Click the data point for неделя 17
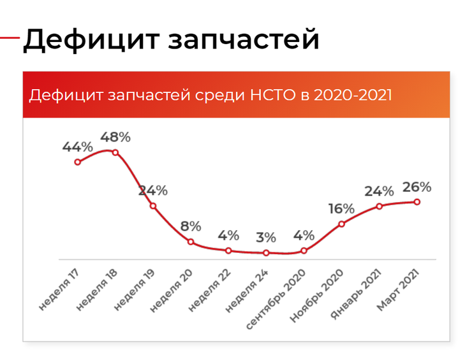point(78,162)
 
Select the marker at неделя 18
point(115,153)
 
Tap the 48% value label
point(115,137)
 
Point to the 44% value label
point(78,147)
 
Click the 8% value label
point(191,226)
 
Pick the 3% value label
point(266,238)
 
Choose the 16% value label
point(341,209)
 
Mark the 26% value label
point(417,187)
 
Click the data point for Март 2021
point(417,202)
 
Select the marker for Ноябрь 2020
point(341,224)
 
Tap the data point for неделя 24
point(266,253)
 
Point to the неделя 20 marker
point(191,241)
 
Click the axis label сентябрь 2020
point(276,299)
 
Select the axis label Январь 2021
point(356,294)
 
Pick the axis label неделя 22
point(209,290)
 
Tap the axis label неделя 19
point(134,290)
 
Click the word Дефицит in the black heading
point(91,40)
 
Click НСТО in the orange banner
point(273,95)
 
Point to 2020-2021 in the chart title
point(353,95)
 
